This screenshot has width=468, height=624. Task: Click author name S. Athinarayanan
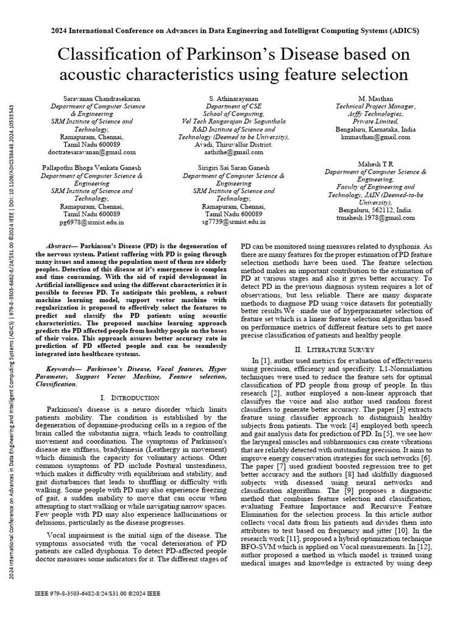tap(234, 98)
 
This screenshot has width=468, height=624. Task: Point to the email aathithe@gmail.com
tap(234, 152)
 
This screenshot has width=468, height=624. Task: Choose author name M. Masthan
tap(375, 98)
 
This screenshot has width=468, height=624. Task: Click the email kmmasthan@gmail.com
tap(375, 138)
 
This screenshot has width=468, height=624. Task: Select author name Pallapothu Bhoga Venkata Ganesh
tap(91, 168)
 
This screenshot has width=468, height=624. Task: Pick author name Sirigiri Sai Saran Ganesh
tap(234, 168)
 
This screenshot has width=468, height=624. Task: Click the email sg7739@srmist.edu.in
tap(234, 222)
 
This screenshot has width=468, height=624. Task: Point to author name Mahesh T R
tap(375, 164)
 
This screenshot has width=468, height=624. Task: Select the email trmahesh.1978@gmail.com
tap(375, 218)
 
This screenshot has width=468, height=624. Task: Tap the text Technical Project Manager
tap(375, 106)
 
